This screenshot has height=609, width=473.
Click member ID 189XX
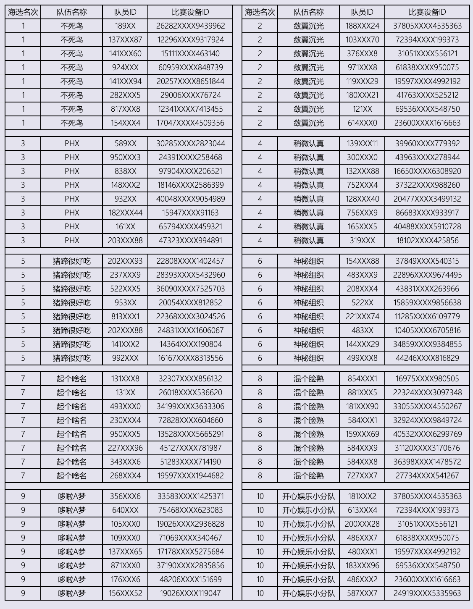point(125,26)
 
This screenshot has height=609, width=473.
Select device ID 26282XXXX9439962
point(190,26)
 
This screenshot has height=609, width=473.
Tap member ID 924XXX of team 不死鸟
point(125,68)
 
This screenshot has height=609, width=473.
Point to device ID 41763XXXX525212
point(427,95)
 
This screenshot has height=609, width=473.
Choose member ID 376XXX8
point(362,54)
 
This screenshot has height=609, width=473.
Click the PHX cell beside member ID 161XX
point(72,227)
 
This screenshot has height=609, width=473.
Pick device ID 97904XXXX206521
point(190,171)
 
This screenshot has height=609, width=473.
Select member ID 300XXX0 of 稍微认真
point(362,157)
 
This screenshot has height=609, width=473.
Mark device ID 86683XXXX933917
point(427,213)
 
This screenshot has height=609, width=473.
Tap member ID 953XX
point(125,303)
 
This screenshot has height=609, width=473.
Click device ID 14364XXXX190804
point(190,344)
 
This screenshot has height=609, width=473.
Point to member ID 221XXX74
point(362,317)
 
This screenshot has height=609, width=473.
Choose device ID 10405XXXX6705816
point(427,331)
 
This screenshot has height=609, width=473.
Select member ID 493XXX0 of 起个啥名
point(125,407)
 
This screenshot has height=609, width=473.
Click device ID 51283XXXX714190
point(190,462)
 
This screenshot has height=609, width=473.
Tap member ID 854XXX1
point(362,379)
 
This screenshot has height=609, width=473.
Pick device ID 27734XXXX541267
point(427,476)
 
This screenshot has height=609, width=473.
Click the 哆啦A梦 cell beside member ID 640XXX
point(72,510)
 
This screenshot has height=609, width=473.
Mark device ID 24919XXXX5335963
point(427,593)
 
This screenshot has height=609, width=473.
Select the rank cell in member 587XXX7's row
point(260,593)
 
